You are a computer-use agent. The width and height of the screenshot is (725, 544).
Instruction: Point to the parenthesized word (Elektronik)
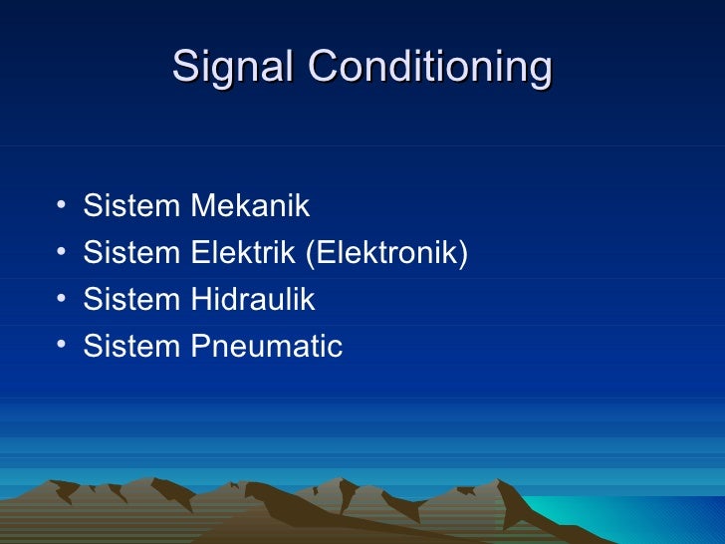click(386, 254)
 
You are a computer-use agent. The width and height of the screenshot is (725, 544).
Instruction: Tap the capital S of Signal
click(184, 68)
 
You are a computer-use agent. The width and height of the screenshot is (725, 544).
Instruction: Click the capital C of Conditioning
click(321, 68)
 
